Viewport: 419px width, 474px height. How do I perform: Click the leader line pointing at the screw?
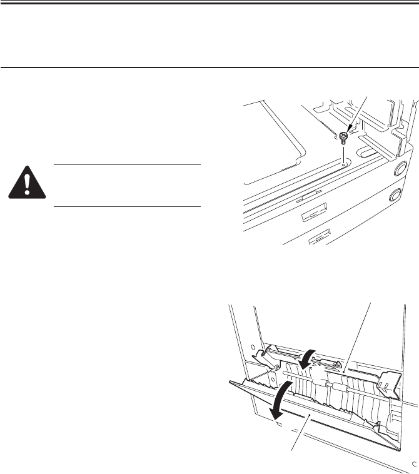(x=357, y=116)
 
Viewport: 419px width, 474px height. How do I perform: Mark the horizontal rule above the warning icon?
(x=127, y=165)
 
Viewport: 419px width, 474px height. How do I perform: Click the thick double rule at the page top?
(x=209, y=3)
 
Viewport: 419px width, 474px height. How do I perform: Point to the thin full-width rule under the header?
(x=209, y=68)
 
